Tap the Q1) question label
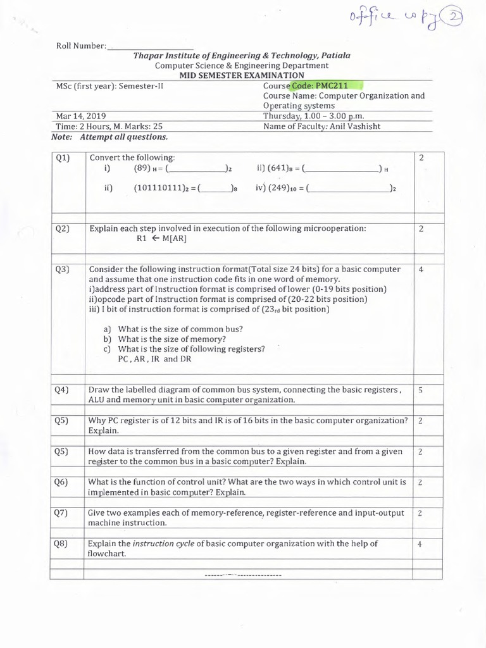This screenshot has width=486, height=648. coord(62,158)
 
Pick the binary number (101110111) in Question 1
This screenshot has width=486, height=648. coord(162,188)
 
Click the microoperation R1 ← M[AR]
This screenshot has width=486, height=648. coord(161,239)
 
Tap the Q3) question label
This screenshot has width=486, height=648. coord(62,270)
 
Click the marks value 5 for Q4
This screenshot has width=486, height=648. coord(420,390)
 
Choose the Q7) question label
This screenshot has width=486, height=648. coord(61,513)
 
